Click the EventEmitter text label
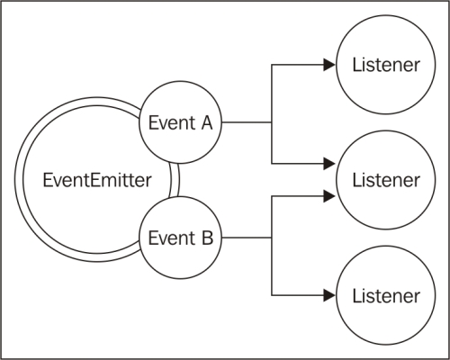tap(92, 178)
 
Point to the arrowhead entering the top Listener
tap(327, 65)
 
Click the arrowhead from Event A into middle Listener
tap(327, 165)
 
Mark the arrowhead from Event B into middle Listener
tap(327, 193)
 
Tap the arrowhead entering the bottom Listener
tap(327, 294)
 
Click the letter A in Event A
tap(206, 123)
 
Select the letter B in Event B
tap(206, 238)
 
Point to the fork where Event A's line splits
tap(271, 122)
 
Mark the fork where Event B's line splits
tap(271, 238)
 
